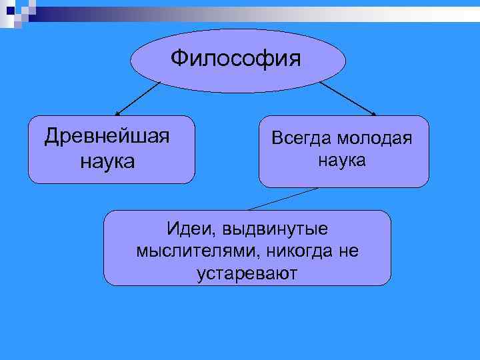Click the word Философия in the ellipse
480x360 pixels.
pos(236,59)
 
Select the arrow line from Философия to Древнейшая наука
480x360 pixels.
pos(139,99)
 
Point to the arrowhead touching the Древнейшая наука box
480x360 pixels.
pos(118,114)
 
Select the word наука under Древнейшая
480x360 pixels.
pos(107,161)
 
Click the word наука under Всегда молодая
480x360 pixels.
pos(341,160)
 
